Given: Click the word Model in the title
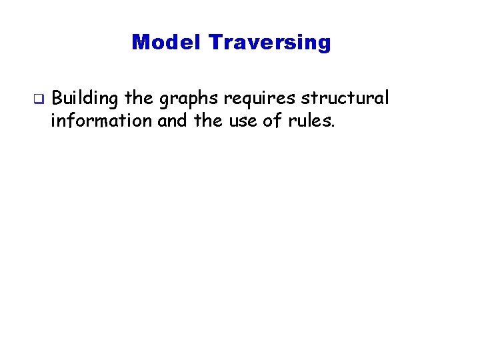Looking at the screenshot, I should coord(167,43).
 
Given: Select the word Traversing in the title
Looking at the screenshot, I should coord(269,43).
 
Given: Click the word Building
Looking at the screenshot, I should coord(85,99).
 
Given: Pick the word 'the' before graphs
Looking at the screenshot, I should coord(139,99).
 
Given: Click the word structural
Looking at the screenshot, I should coord(345,99).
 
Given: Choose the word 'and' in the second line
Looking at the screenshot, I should coord(171,121).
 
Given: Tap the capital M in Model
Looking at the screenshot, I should coord(140,43).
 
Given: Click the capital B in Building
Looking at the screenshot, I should coord(57,99).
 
